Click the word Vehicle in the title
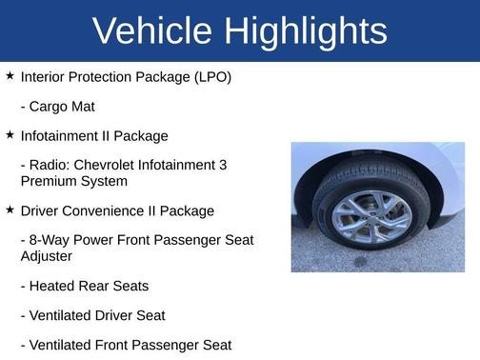coord(153,31)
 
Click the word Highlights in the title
coord(306,31)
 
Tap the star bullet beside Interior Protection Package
coord(10,75)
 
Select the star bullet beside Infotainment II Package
coord(10,135)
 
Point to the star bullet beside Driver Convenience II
coord(10,210)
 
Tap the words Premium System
coord(73,181)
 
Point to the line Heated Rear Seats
coord(84,286)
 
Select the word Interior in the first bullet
coord(44,76)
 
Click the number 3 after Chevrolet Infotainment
coord(223,165)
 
